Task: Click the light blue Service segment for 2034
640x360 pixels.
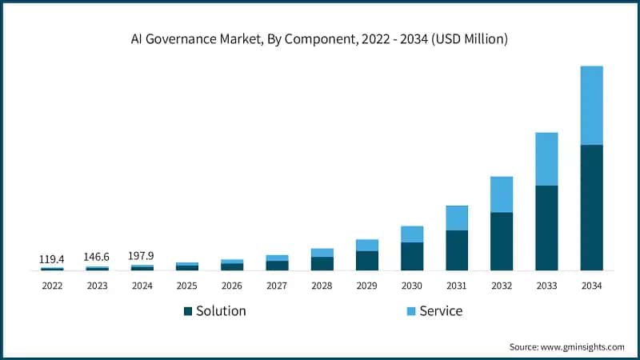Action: point(591,105)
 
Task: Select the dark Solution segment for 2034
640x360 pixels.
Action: point(591,207)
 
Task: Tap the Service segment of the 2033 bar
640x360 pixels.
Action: point(546,158)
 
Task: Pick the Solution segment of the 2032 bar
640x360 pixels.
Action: point(502,241)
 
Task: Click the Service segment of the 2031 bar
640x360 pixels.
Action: point(457,218)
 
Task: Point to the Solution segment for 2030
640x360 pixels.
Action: point(412,256)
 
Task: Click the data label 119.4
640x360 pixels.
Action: point(52,259)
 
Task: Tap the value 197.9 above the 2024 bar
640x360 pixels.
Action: point(142,256)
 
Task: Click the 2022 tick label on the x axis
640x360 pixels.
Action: point(52,286)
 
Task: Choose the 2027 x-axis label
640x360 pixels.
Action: point(277,286)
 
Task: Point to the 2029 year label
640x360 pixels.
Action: point(366,286)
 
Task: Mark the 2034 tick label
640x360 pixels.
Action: point(591,286)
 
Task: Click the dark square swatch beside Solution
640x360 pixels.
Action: point(188,311)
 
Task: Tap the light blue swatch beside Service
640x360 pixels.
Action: point(412,311)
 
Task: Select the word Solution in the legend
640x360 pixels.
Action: point(221,311)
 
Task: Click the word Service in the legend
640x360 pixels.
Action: point(441,311)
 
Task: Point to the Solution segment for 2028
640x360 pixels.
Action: point(322,263)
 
